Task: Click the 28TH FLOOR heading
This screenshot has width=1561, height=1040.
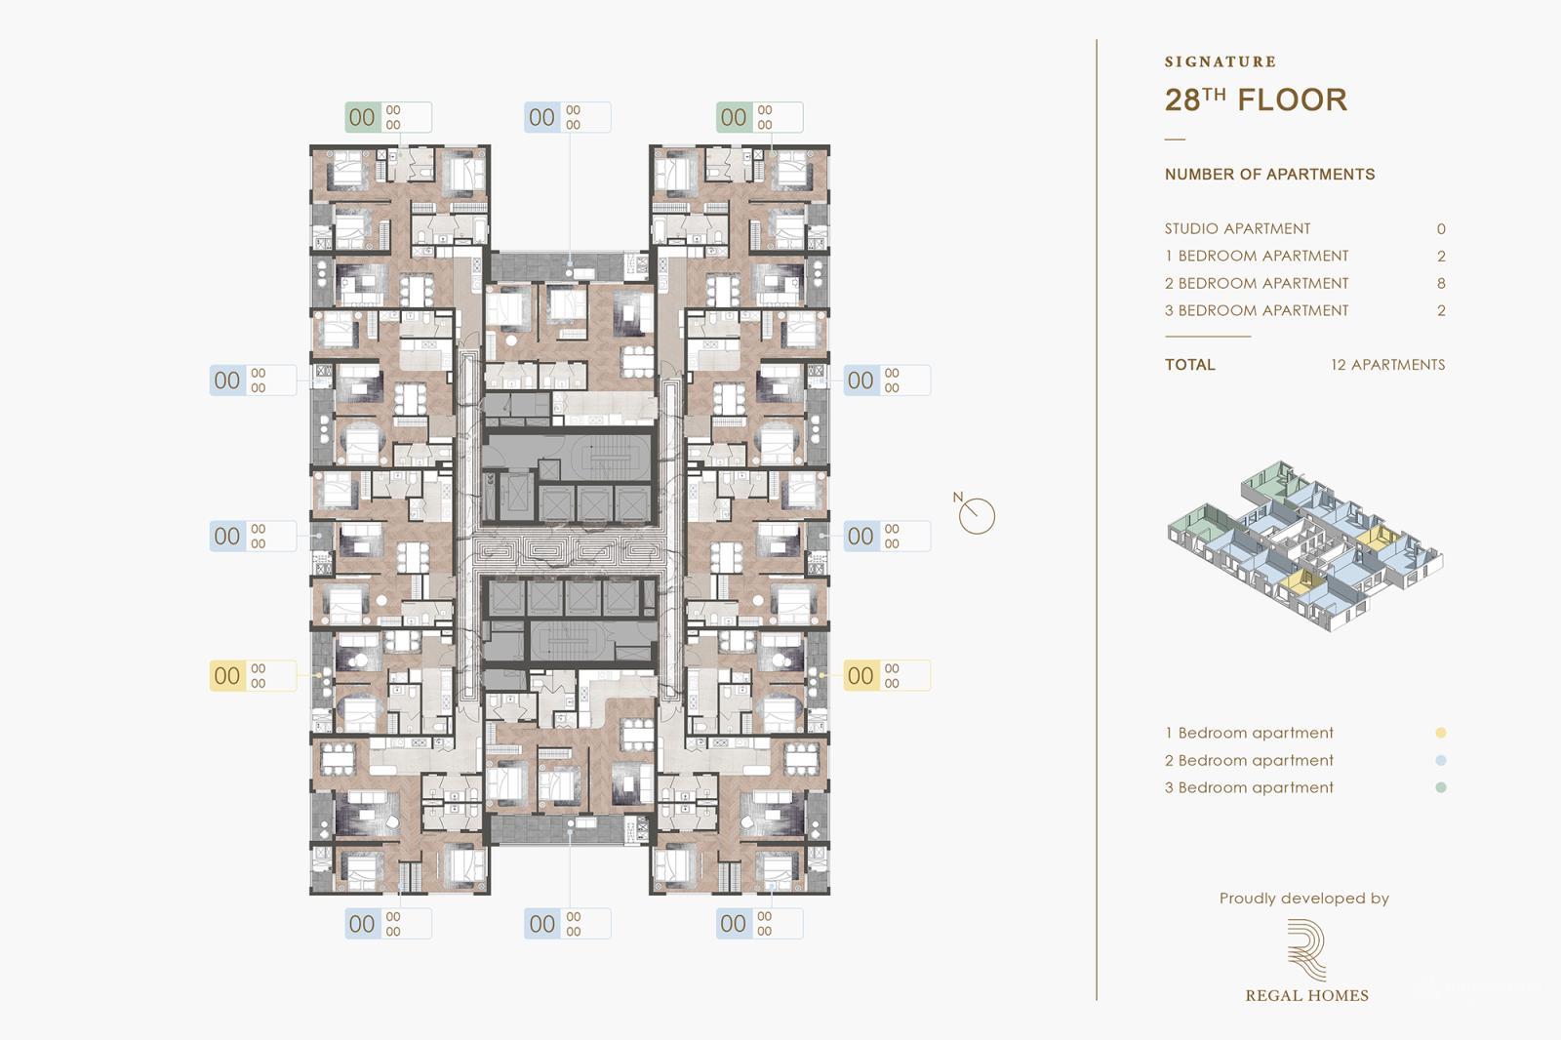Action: (1256, 100)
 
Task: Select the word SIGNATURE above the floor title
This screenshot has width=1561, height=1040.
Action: (1221, 61)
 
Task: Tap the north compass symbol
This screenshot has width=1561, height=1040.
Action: (976, 515)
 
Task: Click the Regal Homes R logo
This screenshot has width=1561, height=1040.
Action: (1306, 948)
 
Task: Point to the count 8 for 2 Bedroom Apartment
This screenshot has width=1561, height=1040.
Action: (1441, 283)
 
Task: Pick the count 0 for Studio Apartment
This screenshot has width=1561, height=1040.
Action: (1441, 228)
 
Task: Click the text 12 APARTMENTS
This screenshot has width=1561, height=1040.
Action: (1387, 364)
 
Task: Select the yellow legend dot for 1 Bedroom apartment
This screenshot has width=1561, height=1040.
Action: (1441, 733)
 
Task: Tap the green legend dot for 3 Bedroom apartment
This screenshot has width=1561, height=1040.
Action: (1441, 787)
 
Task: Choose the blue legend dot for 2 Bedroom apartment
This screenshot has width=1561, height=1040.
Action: (1441, 760)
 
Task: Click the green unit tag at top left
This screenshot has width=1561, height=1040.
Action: (387, 117)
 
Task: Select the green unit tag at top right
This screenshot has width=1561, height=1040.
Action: (759, 117)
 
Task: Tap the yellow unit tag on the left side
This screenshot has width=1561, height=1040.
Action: (253, 675)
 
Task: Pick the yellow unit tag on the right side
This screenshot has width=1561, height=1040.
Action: (886, 675)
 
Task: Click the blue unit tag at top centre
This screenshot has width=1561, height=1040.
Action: (567, 117)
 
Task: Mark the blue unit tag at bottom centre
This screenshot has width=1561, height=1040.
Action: (567, 923)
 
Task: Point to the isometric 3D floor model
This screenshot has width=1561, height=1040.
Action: (1304, 546)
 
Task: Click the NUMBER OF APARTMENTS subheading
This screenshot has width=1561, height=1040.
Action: (1269, 174)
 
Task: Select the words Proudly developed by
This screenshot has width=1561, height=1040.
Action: (1303, 899)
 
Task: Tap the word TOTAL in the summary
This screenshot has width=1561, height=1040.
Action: (1189, 364)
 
